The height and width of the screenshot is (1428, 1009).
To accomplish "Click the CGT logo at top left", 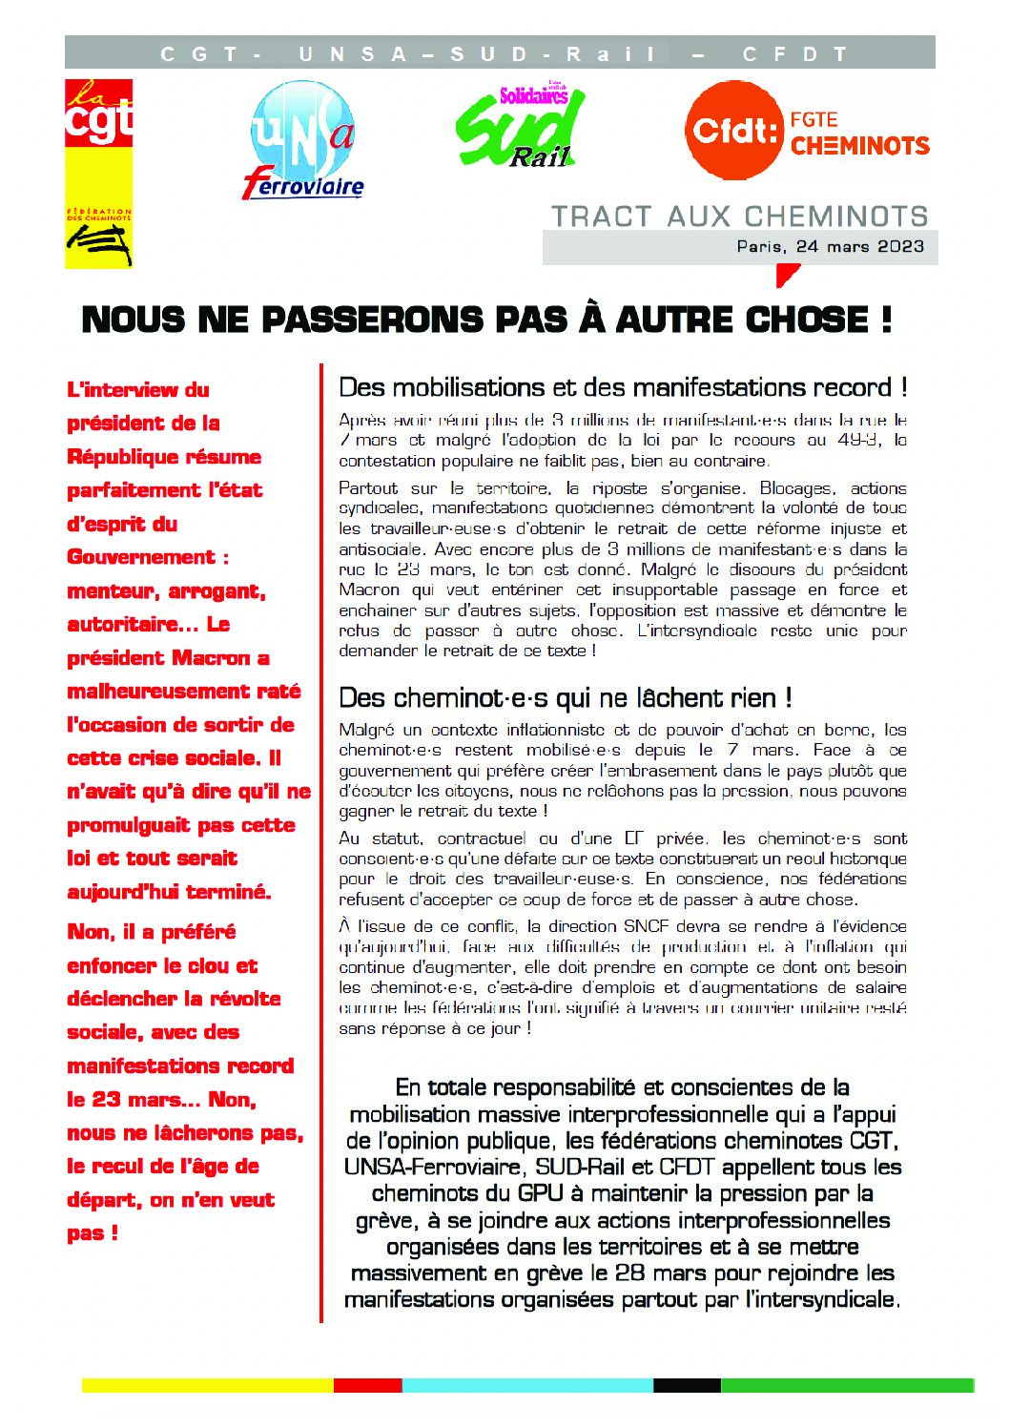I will pyautogui.click(x=98, y=173).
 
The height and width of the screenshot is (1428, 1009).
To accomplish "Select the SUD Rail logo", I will pyautogui.click(x=521, y=127).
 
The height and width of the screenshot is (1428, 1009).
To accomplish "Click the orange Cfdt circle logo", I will pyautogui.click(x=732, y=130).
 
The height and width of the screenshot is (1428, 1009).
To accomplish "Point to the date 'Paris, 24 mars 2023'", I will pyautogui.click(x=830, y=246).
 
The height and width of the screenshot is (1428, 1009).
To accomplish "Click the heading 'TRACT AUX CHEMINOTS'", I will pyautogui.click(x=739, y=216).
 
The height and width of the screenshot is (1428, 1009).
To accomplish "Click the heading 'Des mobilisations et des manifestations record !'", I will pyautogui.click(x=623, y=387).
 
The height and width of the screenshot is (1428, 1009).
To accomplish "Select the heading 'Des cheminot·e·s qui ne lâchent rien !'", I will pyautogui.click(x=566, y=698).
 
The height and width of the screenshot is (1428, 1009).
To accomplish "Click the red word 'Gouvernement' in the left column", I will pyautogui.click(x=141, y=557).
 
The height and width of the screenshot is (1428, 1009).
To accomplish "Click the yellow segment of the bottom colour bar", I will pyautogui.click(x=207, y=1385).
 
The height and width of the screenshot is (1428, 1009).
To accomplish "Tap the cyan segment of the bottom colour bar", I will pyautogui.click(x=526, y=1385).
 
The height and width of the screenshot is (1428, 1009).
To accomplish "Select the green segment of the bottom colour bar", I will pyautogui.click(x=847, y=1385).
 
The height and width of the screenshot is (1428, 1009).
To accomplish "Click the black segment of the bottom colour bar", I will pyautogui.click(x=687, y=1385).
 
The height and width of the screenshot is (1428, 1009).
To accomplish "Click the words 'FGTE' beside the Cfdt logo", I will pyautogui.click(x=813, y=120).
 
